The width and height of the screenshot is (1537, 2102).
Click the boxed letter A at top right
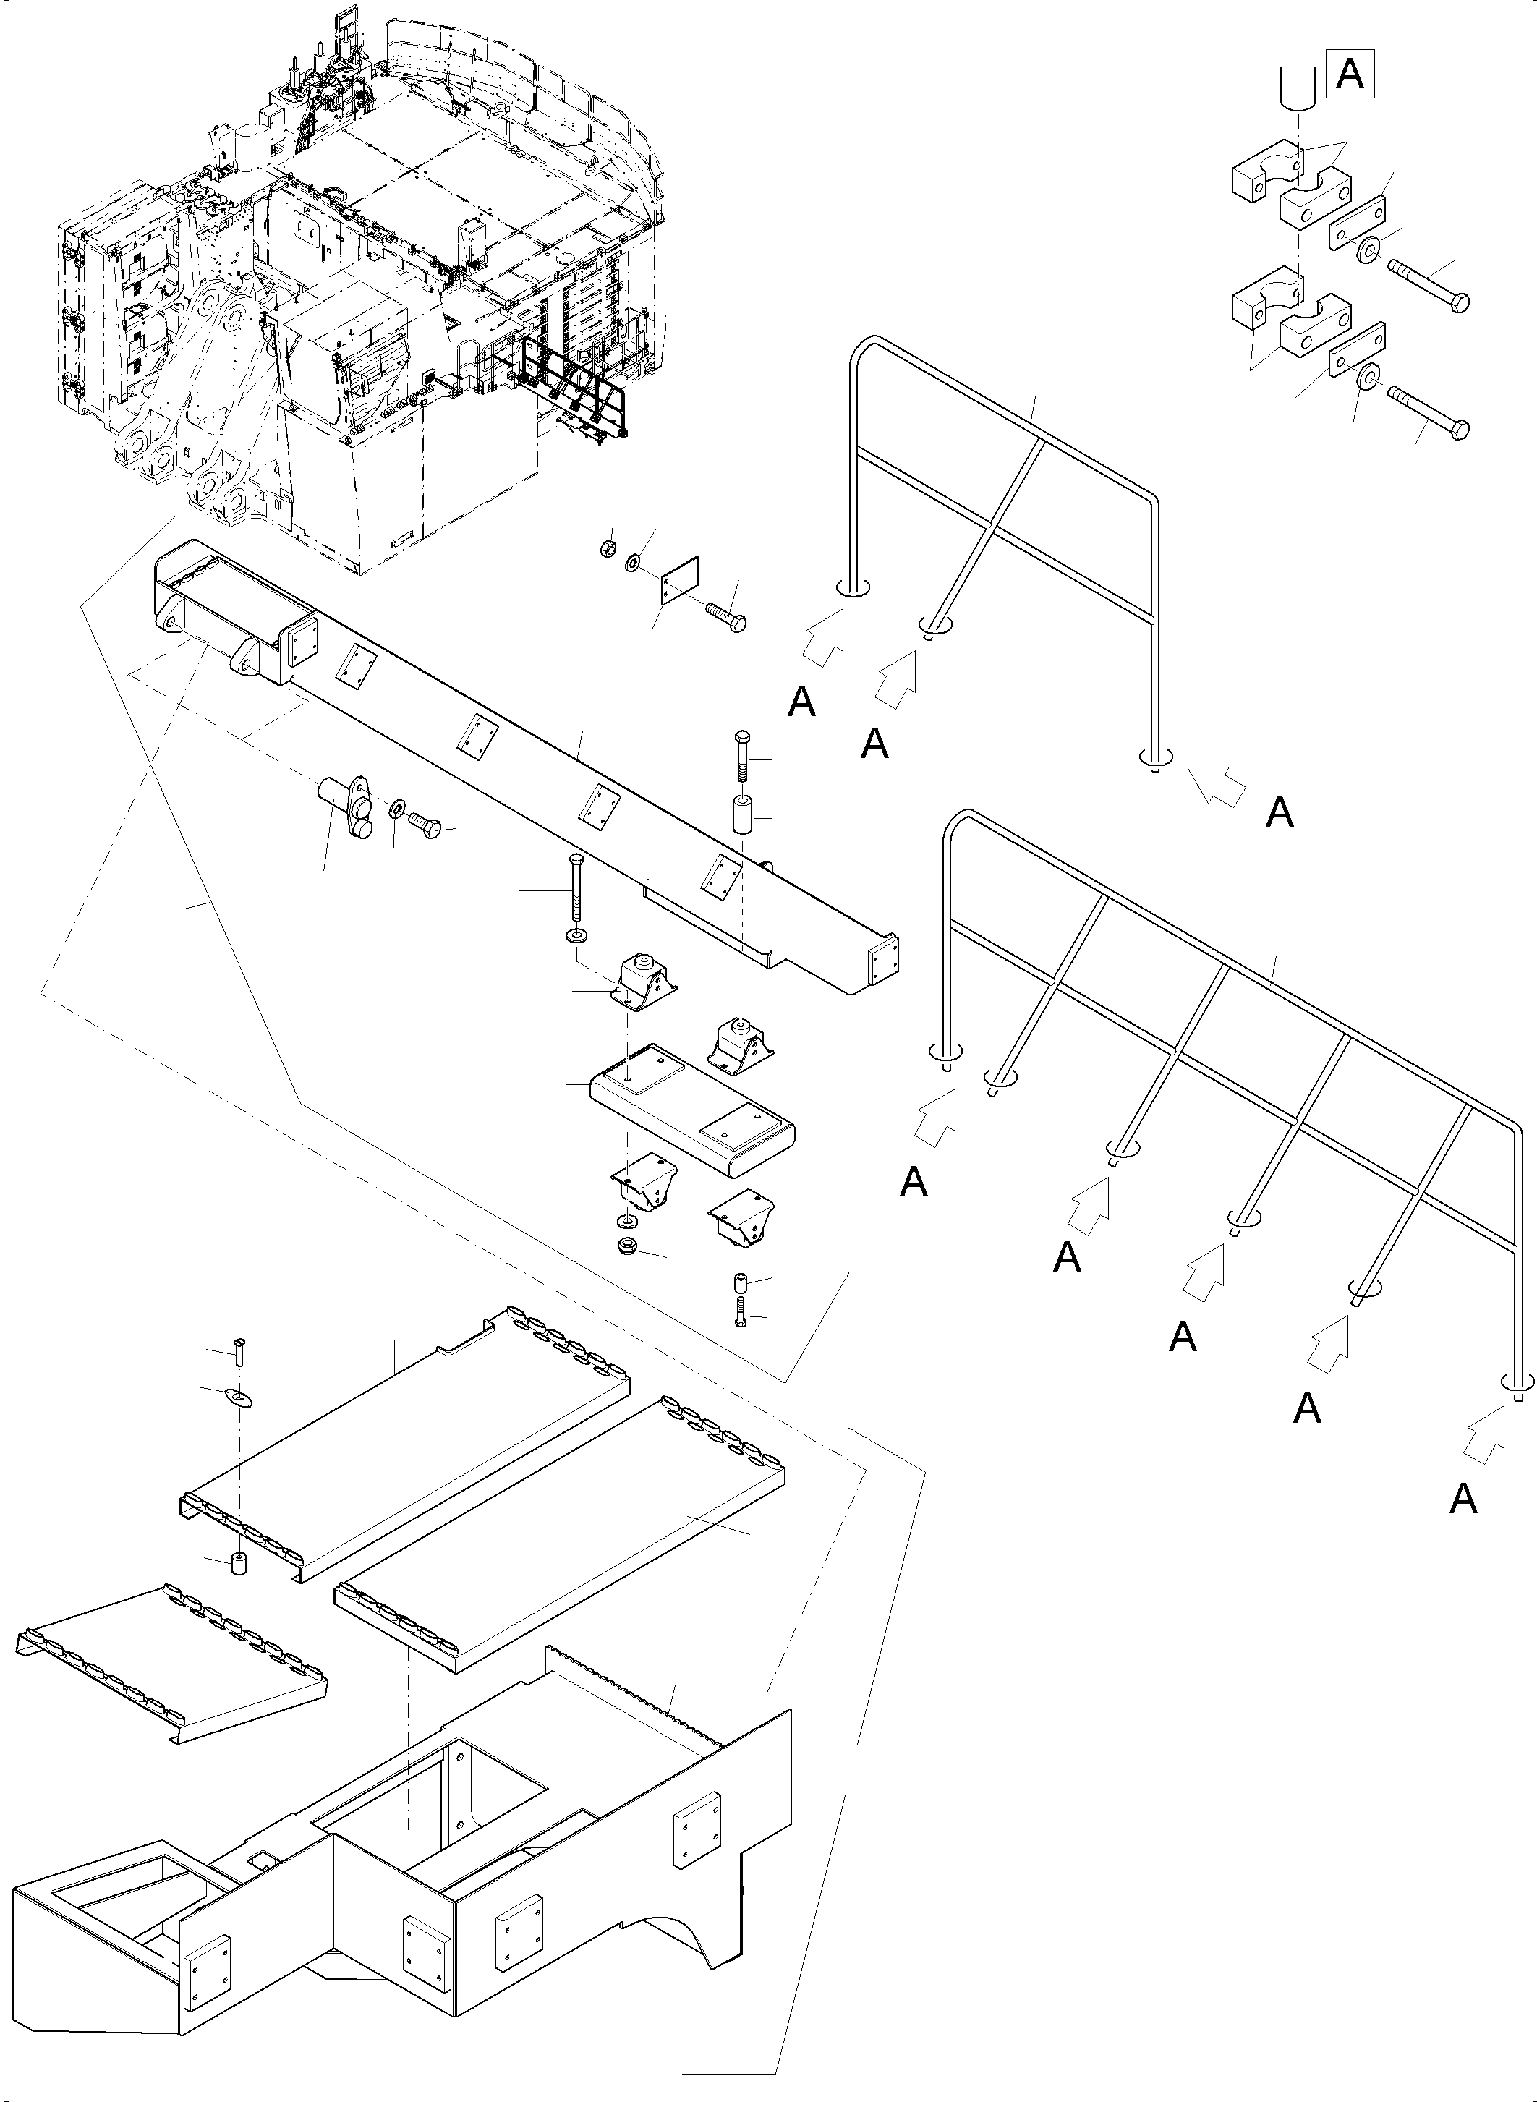point(1350,75)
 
